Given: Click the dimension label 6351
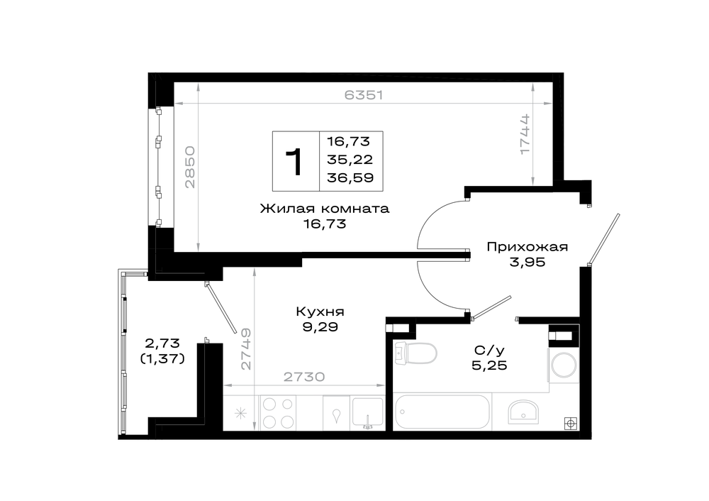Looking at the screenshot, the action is (364, 95).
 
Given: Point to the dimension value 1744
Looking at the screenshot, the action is (525, 134).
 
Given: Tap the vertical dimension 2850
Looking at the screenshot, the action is (190, 167).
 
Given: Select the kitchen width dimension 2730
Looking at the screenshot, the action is (304, 377).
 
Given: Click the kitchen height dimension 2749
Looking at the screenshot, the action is (245, 348).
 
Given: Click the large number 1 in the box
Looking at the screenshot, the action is (294, 162).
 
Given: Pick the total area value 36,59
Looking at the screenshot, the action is (350, 177).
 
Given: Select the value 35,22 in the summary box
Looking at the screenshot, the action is (350, 159).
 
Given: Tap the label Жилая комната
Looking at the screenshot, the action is (325, 209).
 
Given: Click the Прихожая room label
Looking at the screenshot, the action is (527, 247).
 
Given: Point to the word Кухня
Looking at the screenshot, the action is (320, 312).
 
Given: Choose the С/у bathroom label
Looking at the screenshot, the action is (489, 350).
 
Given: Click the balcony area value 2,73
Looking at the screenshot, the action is (162, 343).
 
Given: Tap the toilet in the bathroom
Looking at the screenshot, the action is (415, 353).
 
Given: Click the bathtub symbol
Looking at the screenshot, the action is (442, 412).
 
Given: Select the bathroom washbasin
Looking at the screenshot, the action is (523, 412).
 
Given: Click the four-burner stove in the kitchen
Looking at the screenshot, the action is (278, 412).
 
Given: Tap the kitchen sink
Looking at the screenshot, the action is (367, 412).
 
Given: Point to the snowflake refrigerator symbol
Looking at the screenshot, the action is (240, 413).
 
